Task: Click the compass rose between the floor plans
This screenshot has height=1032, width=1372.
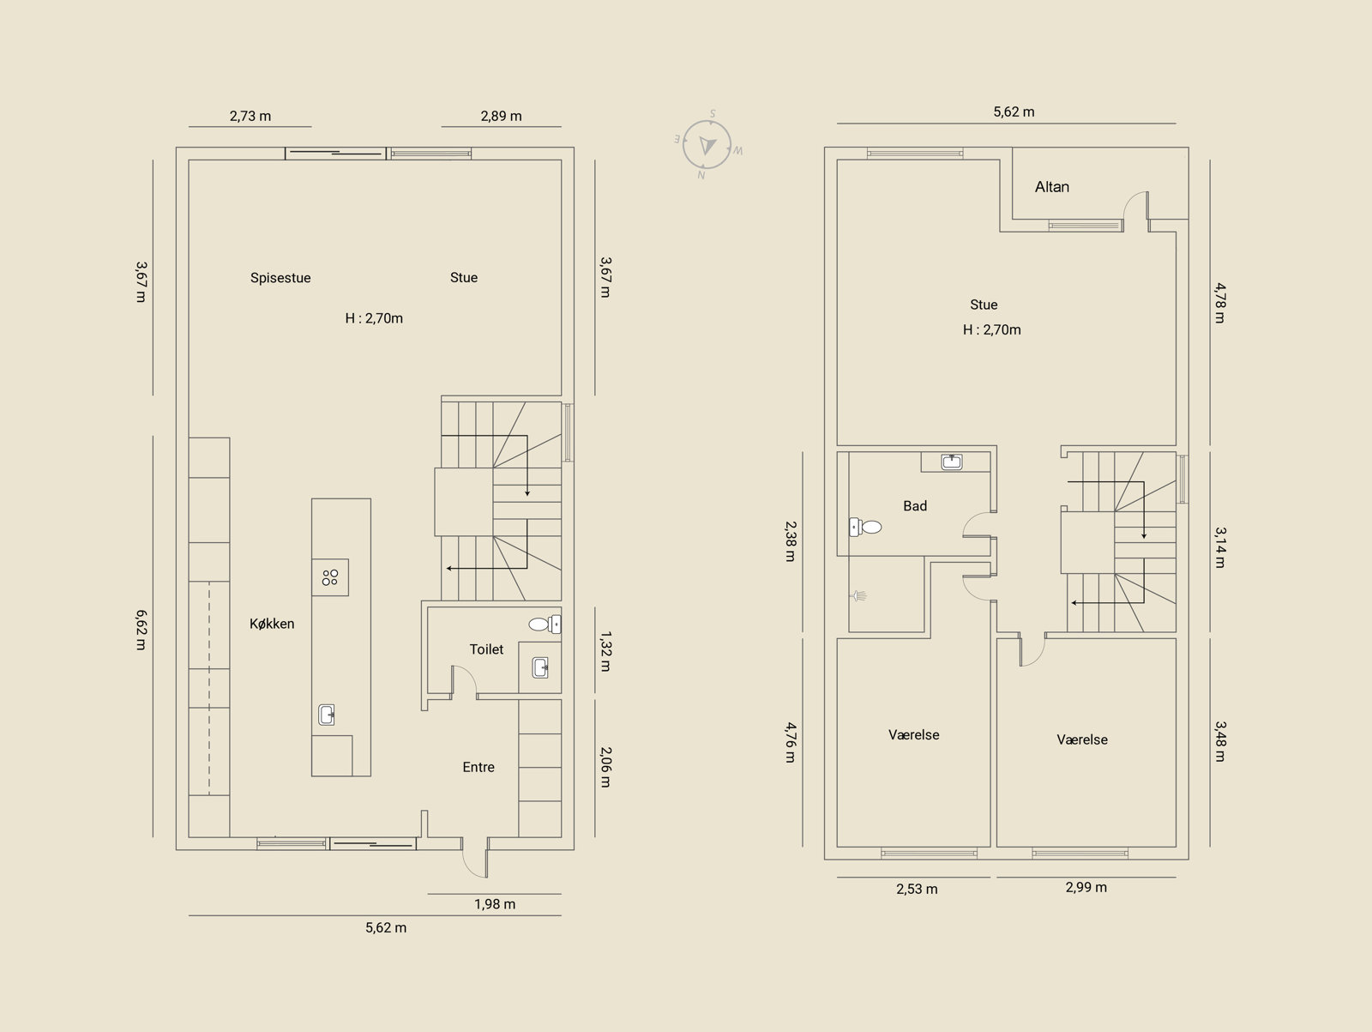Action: coord(707,145)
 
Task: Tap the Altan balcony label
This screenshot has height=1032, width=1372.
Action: coord(1052,187)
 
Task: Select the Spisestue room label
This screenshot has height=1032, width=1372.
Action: coord(280,278)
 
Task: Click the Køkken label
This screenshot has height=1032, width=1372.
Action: coord(272,623)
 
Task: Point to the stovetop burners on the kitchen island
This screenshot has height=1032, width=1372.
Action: coord(330,577)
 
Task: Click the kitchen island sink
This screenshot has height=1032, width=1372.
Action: coord(327,715)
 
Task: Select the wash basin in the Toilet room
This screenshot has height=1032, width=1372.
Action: coord(541,667)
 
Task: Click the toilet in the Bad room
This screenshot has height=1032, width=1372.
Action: coord(865,527)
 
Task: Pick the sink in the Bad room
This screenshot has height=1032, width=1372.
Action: coord(951,462)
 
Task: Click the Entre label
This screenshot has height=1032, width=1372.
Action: coord(478,767)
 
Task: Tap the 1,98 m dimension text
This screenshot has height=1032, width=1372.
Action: coord(495,904)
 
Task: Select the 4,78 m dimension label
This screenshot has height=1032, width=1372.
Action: coord(1219,303)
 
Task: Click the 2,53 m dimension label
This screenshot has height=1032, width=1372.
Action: coord(917,889)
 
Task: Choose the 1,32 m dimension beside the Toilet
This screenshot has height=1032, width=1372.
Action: coord(605,651)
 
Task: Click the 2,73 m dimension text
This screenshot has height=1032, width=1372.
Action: coord(250,117)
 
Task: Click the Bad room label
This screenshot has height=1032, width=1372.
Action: coord(915,505)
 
